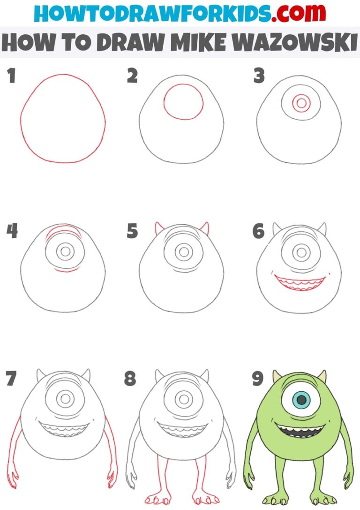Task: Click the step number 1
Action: (11, 76)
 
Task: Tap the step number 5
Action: (132, 231)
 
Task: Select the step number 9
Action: (258, 379)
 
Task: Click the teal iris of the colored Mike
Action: (302, 400)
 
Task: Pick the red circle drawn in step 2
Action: (183, 102)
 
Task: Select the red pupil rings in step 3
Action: (301, 102)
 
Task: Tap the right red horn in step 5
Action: (204, 229)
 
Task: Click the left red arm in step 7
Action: (15, 446)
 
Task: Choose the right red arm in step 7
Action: (112, 446)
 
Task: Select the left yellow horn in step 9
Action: (277, 376)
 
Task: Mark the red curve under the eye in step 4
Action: (65, 271)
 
